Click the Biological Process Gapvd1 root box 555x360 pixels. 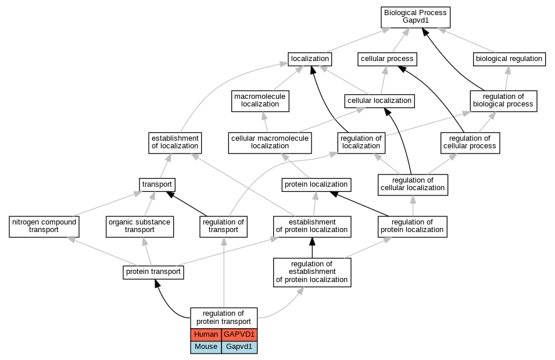point(416,17)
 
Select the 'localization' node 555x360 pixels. point(310,59)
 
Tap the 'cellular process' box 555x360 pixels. point(387,59)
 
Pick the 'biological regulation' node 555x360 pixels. point(509,59)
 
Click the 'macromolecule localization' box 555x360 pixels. point(260,101)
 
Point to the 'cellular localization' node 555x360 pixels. point(379,101)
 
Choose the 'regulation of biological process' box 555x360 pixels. point(503,101)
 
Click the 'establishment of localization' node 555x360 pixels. point(175,143)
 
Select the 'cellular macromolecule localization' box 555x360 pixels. point(270,143)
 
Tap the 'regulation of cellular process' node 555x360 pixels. point(470,143)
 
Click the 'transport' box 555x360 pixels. point(157,184)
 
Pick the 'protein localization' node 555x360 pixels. point(316,184)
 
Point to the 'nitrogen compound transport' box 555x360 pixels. point(44,227)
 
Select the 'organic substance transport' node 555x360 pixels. point(139,227)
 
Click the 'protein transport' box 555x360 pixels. point(153,273)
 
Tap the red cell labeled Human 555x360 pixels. point(206,335)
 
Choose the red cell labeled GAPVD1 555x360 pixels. point(239,335)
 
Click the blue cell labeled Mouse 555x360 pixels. point(206,347)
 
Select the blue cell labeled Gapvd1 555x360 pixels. point(239,347)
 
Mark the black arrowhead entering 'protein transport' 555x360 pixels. point(157,283)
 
